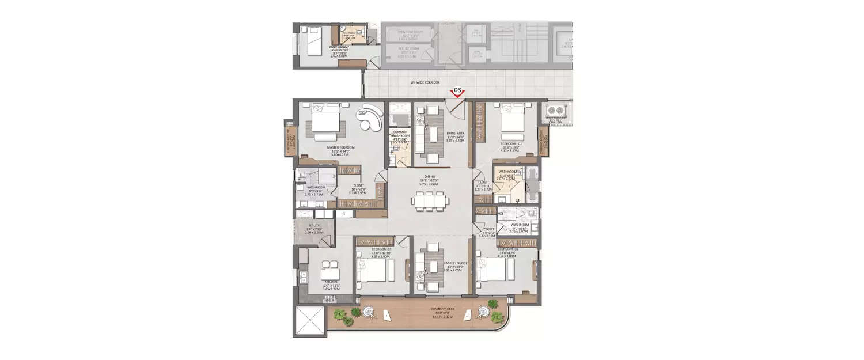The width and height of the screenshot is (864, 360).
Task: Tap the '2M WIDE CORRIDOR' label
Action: (425, 82)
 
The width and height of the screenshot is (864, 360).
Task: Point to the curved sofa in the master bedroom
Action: (369, 120)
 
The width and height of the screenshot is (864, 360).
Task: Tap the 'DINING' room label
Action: (430, 177)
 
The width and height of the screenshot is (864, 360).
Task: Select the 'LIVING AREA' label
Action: (456, 134)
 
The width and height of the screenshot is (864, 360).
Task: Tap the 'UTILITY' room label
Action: (314, 226)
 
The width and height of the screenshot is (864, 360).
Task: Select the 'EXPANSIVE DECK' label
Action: (443, 309)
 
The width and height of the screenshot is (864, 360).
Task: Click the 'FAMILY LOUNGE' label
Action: (455, 263)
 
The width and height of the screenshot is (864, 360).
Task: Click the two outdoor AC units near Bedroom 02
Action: (557, 111)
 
